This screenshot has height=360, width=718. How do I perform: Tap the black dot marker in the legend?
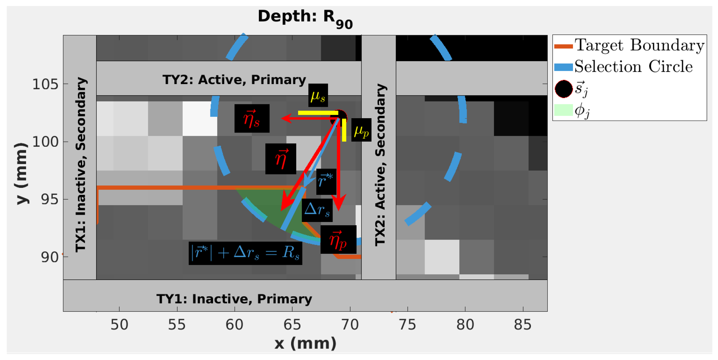tap(564, 89)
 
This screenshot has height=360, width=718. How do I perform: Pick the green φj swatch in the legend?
tap(563, 110)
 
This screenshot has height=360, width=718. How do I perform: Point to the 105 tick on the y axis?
tap(46, 84)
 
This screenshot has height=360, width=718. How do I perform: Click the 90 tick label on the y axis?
tap(50, 257)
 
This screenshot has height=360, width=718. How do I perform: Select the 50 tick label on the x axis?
tap(119, 324)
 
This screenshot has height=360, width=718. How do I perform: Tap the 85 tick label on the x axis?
tap(523, 324)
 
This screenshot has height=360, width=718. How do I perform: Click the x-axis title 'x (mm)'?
tap(305, 343)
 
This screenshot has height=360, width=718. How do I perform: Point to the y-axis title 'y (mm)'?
tap(21, 173)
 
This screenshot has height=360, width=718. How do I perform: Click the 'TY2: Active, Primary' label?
tap(234, 80)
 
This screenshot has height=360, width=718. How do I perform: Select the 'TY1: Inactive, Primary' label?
tap(234, 299)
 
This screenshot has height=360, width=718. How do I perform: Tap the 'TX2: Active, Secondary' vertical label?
tap(380, 165)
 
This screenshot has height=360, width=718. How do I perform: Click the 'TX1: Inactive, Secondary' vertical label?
tap(81, 165)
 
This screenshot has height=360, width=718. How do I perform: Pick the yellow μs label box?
tap(318, 95)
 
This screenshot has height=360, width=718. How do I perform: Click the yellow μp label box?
tap(361, 130)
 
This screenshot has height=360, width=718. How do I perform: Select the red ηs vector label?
tap(252, 118)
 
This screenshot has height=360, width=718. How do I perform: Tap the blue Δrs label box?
tap(317, 210)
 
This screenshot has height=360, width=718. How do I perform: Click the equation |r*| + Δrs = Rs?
tap(245, 253)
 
